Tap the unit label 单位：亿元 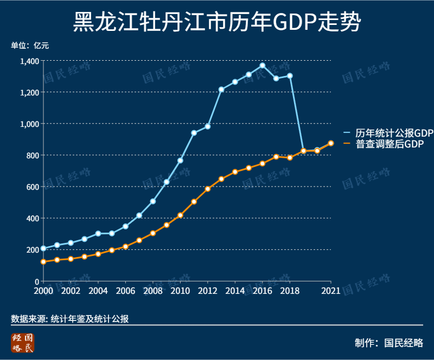pos(30,46)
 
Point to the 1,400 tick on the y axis pos(29,61)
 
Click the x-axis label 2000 pos(43,291)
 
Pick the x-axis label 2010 pos(180,291)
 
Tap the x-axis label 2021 pos(330,291)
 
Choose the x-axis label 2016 pos(262,291)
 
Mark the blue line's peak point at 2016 pos(262,66)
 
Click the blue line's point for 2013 pos(221,89)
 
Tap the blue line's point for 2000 pos(43,248)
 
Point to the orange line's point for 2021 pos(331,143)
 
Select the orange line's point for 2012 pos(207,189)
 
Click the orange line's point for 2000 pos(43,262)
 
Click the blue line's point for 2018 pos(290,76)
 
